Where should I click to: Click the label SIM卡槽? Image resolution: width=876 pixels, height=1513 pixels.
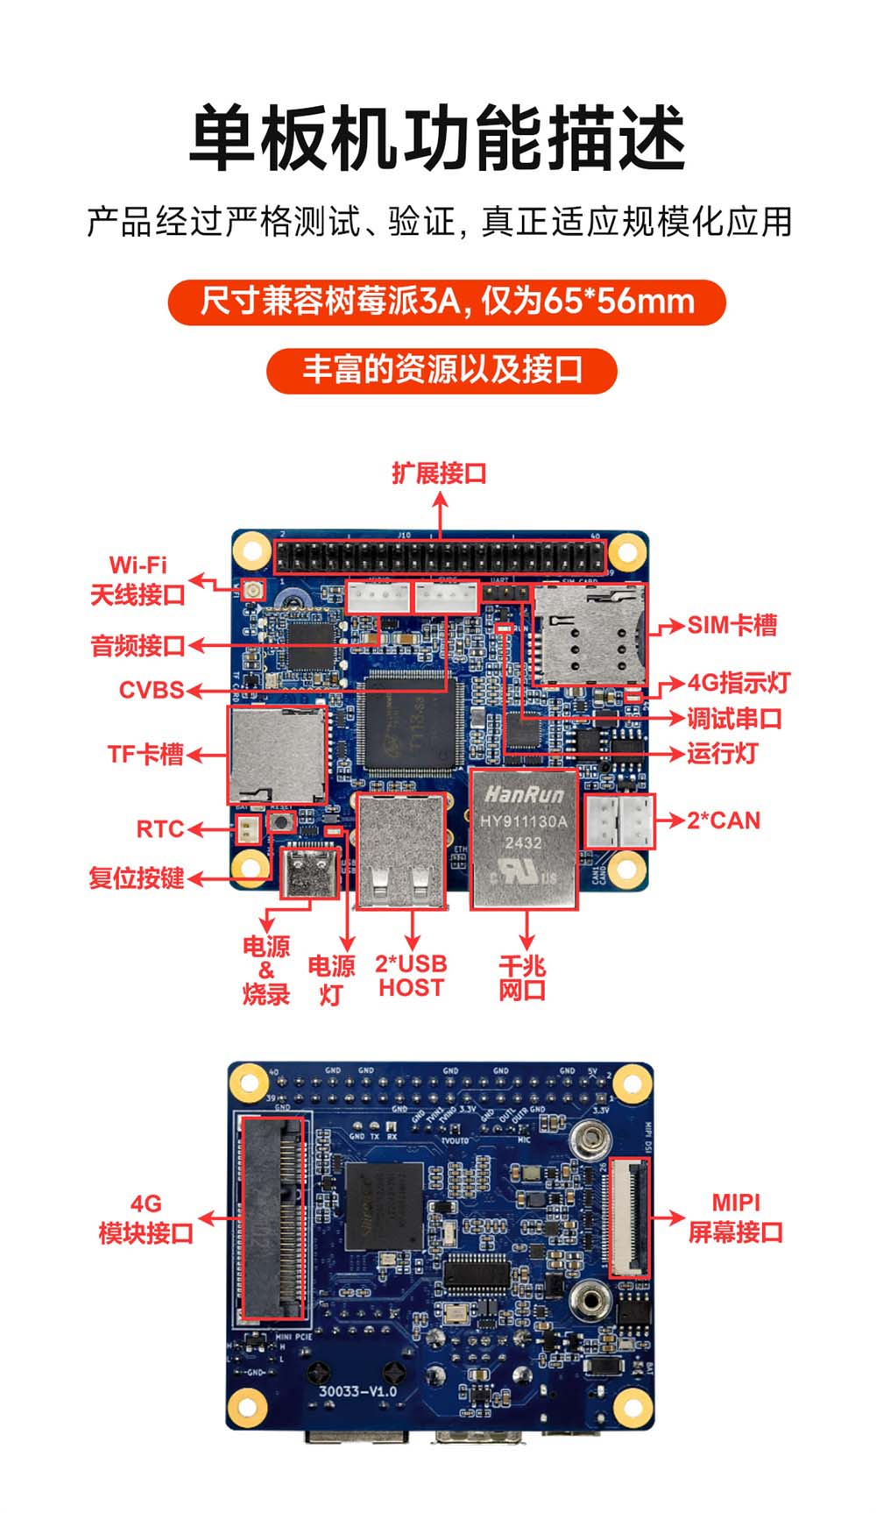click(x=731, y=625)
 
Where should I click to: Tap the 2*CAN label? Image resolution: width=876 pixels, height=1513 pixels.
click(x=723, y=820)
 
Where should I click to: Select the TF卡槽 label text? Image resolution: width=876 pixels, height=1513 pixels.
click(x=145, y=754)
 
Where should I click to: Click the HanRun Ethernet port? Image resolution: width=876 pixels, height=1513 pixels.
click(x=525, y=839)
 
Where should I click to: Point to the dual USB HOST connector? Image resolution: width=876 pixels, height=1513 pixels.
click(x=401, y=849)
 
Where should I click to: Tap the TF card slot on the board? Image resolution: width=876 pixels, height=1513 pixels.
click(x=277, y=755)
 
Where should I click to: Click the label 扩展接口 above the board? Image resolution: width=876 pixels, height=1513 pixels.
click(x=439, y=473)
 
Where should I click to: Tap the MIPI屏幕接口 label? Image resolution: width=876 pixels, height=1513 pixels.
click(x=735, y=1218)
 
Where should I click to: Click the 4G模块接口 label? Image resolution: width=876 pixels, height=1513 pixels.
click(x=146, y=1218)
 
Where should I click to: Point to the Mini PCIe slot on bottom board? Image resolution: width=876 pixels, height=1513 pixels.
click(x=272, y=1218)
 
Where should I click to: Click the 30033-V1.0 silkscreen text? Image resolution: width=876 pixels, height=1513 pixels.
click(x=357, y=1391)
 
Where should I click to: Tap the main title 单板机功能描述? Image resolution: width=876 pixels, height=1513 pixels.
click(x=437, y=139)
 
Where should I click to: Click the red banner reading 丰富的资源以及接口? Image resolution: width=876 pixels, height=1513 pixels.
click(x=442, y=370)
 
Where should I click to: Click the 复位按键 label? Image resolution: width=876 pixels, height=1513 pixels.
click(x=136, y=877)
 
